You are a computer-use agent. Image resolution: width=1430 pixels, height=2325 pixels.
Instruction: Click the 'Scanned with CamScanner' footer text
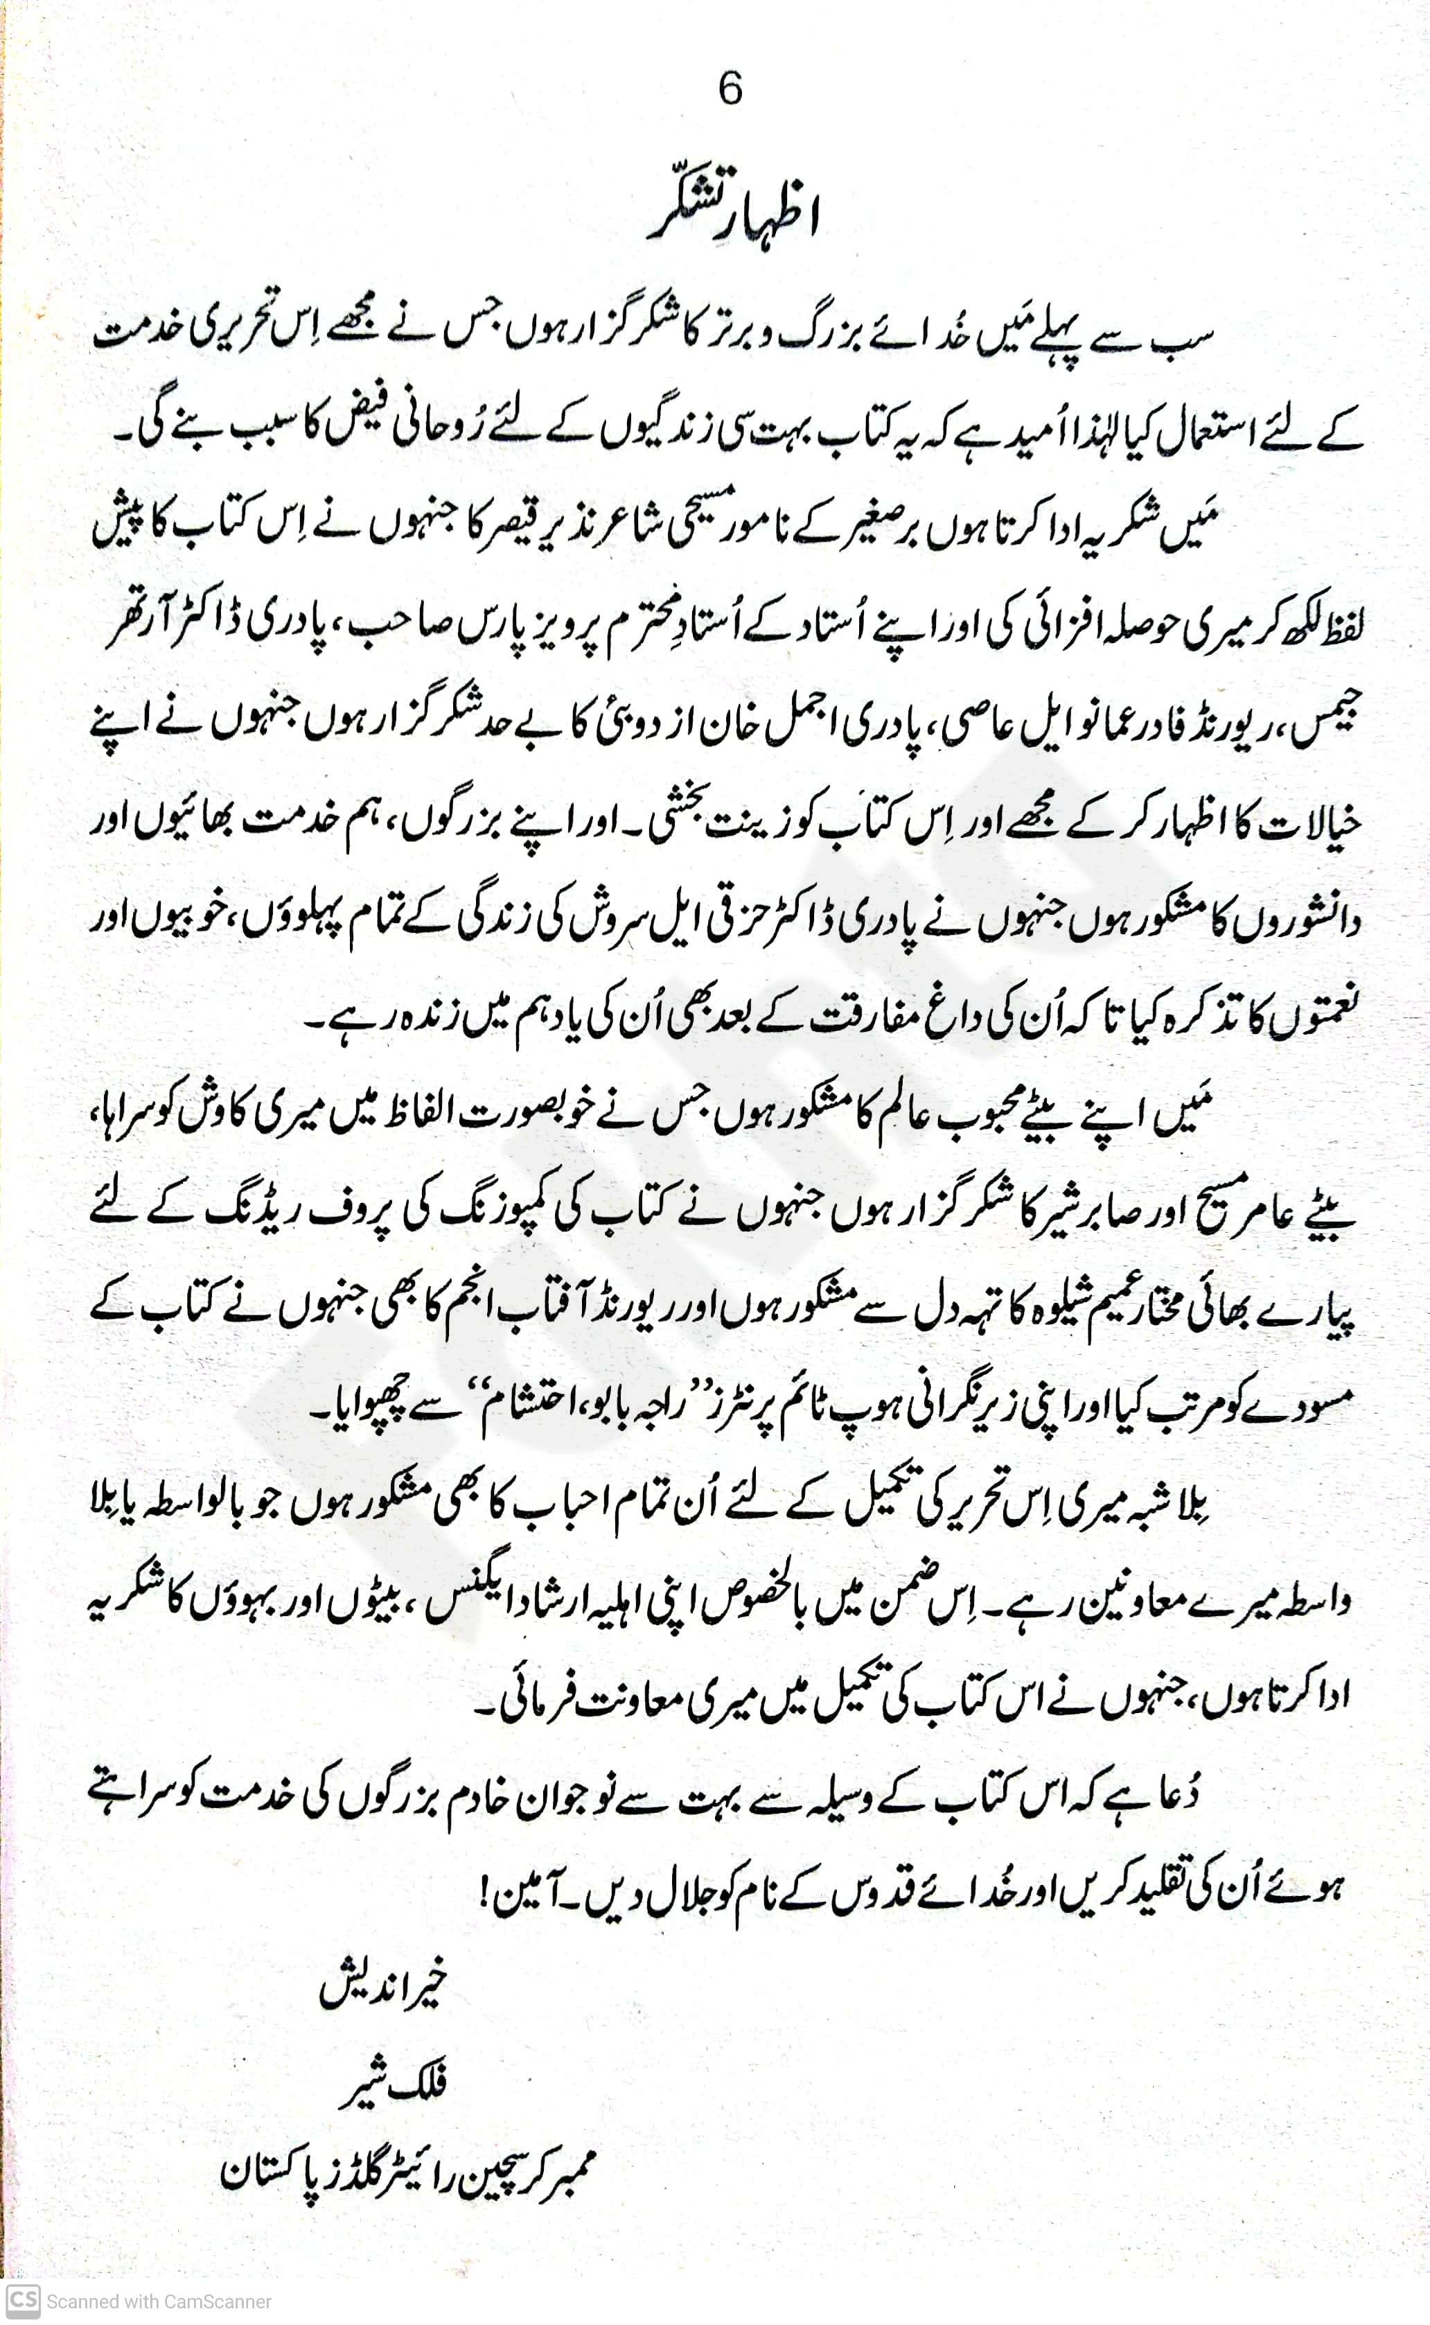point(159,2301)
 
